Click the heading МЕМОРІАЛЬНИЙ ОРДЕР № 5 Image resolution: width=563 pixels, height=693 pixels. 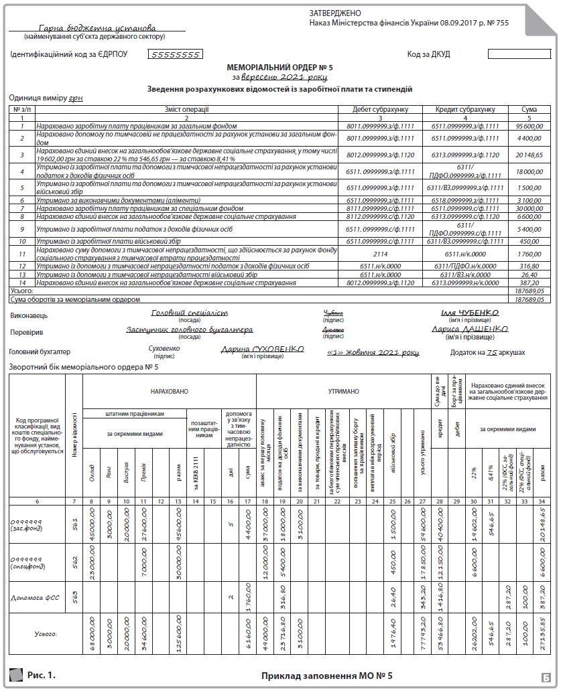tap(280, 68)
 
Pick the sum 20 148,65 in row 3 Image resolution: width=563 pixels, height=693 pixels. tap(528, 155)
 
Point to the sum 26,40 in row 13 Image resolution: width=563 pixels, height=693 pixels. tap(529, 275)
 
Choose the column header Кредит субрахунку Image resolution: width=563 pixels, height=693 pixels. tap(465, 109)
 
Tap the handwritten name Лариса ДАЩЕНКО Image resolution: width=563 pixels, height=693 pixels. tap(470, 329)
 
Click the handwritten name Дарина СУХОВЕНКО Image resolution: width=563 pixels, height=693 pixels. tap(263, 349)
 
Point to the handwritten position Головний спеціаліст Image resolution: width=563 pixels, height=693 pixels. tap(190, 313)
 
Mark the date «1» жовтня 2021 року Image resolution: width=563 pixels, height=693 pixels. tap(373, 352)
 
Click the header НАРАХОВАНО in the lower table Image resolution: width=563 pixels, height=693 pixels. tap(169, 389)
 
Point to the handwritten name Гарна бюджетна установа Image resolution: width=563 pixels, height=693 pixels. tap(97, 28)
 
